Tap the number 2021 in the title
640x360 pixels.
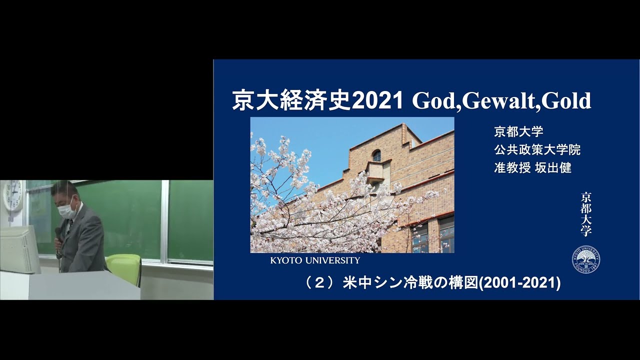[377, 101]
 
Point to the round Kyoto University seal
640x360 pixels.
[585, 259]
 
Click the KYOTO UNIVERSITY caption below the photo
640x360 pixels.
[315, 260]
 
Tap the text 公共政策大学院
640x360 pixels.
[537, 149]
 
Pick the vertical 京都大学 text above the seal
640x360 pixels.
[585, 214]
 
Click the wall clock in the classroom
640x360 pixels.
[13, 195]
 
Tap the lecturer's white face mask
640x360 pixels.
[66, 210]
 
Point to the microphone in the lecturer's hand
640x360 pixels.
[58, 238]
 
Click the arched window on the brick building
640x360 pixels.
[377, 155]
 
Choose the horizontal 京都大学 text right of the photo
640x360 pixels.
[518, 131]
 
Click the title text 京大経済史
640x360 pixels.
[291, 101]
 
